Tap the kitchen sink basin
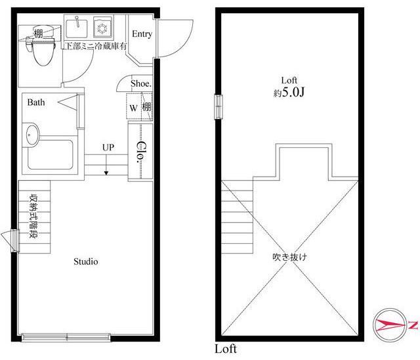77,28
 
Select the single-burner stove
102,28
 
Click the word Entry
142,34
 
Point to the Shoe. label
141,83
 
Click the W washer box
133,108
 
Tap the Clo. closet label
140,152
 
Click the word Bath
36,102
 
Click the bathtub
51,154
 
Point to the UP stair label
108,147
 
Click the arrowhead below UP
106,173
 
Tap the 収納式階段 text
33,217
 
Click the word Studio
86,261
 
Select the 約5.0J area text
289,93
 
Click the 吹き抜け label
289,258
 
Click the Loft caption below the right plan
226,349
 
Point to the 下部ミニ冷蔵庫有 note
96,46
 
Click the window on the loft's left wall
219,106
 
